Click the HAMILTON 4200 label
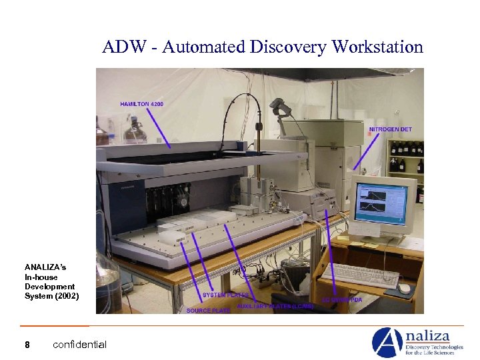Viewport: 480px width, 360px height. (x=141, y=104)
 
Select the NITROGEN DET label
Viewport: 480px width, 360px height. (x=390, y=129)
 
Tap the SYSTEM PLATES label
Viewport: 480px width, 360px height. (x=225, y=295)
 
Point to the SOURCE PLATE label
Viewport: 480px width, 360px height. (x=208, y=311)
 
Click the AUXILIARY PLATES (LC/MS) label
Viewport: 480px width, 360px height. (x=275, y=306)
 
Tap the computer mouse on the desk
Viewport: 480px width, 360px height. (x=404, y=289)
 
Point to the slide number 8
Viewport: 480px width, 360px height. (x=27, y=345)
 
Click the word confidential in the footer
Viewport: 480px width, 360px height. (x=79, y=345)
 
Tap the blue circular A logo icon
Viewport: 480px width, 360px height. (x=386, y=342)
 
